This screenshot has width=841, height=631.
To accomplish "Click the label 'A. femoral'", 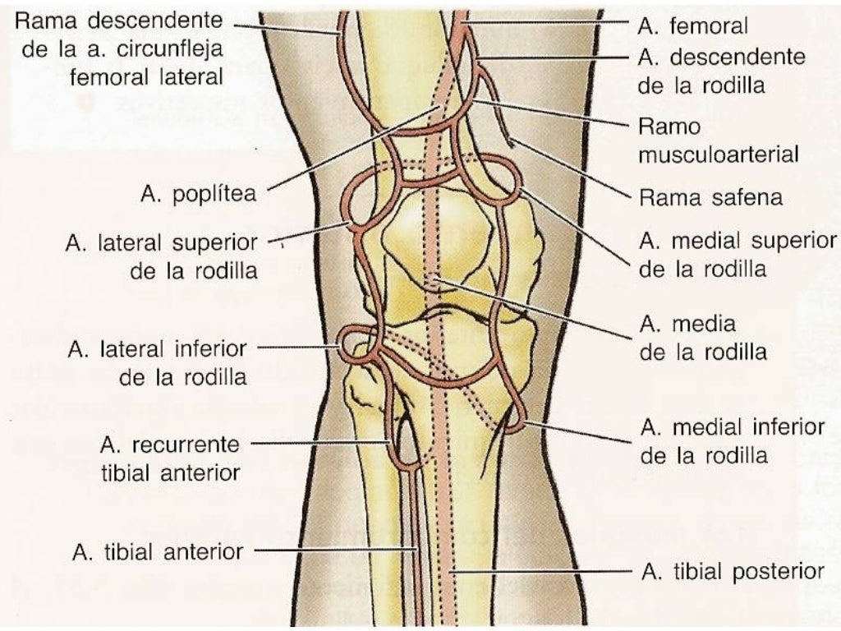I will tap(692, 26).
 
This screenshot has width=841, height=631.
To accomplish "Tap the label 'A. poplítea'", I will tap(197, 196).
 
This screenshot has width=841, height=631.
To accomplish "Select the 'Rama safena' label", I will tap(710, 198).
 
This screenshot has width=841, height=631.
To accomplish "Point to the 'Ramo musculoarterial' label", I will tap(718, 140).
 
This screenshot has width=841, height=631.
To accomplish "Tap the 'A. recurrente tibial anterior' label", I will tap(169, 458).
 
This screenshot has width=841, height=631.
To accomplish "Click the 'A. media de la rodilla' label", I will tap(703, 338).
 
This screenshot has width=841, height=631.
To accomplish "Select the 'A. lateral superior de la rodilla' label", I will tap(161, 257).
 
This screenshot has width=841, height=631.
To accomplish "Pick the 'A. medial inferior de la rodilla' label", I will tap(732, 440).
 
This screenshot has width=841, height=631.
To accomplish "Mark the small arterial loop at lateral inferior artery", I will tap(354, 339).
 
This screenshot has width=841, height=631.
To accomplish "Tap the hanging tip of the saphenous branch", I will tap(512, 144).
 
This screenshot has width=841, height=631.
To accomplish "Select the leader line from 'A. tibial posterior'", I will tap(542, 569).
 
